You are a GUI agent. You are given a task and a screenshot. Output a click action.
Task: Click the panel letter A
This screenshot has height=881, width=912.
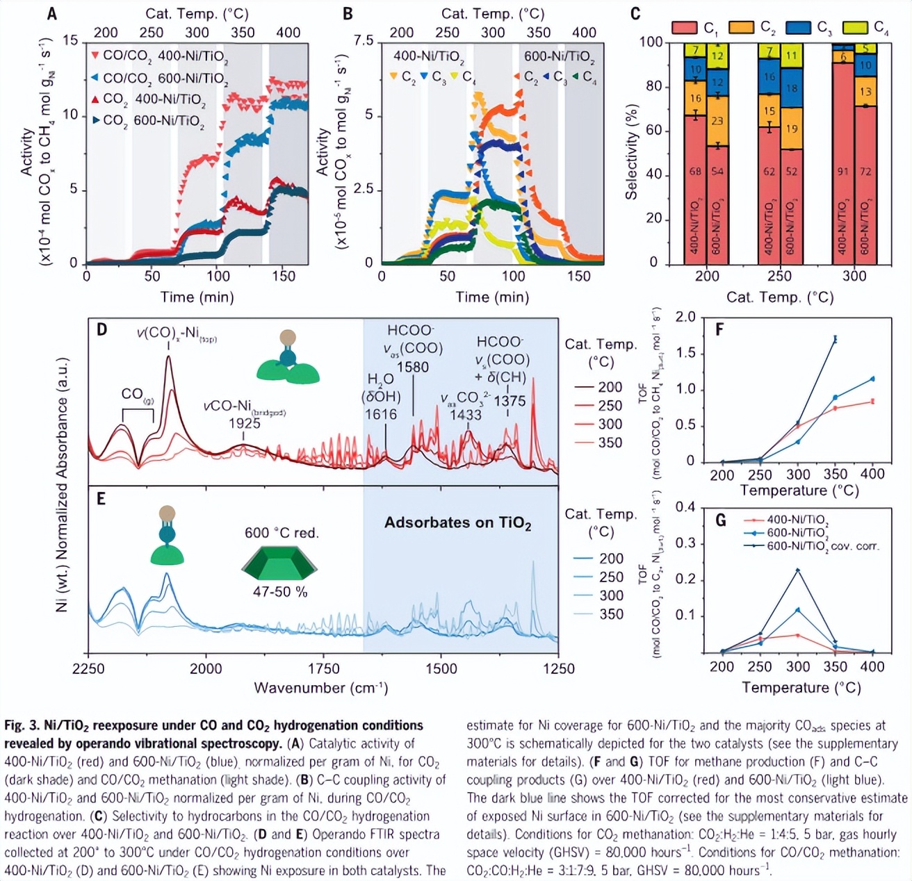[51, 13]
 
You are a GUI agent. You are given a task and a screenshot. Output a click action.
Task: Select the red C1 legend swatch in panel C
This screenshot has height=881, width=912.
[684, 28]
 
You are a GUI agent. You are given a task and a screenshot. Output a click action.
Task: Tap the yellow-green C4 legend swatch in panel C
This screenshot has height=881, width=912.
[854, 28]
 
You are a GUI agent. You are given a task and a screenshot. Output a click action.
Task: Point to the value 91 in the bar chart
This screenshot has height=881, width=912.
[842, 172]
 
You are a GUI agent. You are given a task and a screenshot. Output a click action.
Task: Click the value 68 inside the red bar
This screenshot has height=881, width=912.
[695, 172]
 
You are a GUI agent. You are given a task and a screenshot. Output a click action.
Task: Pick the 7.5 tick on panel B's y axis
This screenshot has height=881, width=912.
[363, 40]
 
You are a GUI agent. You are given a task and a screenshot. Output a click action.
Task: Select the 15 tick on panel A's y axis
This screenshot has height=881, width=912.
[70, 40]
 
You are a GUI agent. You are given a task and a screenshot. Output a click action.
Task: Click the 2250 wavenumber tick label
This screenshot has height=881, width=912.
[88, 669]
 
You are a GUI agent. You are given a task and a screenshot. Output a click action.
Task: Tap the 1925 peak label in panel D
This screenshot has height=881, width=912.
[244, 423]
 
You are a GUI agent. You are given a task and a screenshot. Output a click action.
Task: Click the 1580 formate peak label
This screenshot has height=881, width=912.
[413, 367]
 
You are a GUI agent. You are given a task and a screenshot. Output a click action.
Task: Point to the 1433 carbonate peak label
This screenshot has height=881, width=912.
[465, 415]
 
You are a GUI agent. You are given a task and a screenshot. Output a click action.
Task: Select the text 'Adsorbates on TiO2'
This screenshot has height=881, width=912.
[457, 523]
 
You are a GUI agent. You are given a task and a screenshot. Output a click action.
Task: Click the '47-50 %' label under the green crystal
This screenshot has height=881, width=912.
[279, 592]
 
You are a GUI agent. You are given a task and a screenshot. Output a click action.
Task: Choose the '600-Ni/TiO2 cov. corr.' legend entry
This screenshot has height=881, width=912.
[822, 546]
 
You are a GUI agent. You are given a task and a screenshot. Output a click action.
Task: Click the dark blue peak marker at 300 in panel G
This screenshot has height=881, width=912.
[797, 570]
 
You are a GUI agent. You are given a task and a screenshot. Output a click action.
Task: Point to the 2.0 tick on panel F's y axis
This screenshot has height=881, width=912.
[685, 318]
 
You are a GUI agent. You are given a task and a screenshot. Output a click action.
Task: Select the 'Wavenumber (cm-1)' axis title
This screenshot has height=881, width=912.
[320, 688]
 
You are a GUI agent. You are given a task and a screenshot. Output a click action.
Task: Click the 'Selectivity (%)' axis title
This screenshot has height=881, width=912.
[631, 152]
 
